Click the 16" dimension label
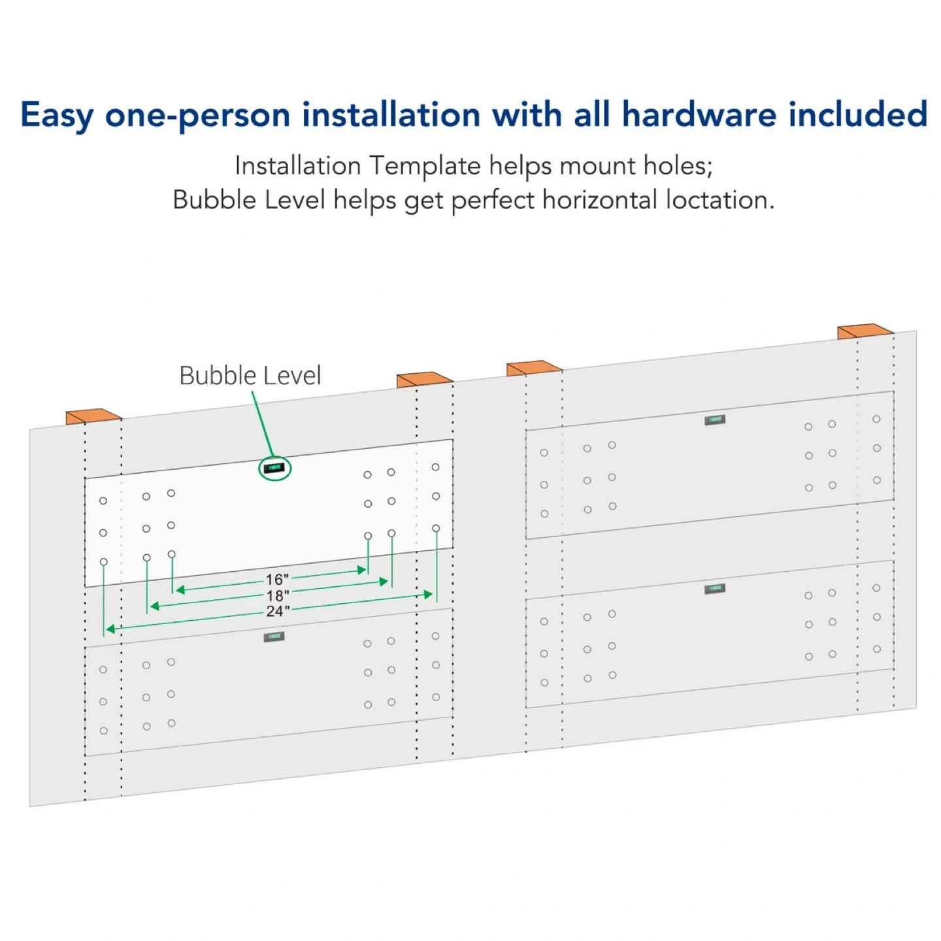click(277, 580)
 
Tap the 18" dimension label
click(278, 596)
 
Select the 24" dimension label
click(278, 612)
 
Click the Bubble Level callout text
click(250, 376)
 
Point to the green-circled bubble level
click(274, 469)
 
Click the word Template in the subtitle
click(425, 167)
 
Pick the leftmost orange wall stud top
click(93, 416)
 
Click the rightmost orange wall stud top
click(865, 331)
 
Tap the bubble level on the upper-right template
click(715, 420)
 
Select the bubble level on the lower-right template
click(715, 589)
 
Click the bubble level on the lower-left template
click(274, 636)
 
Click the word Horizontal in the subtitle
click(599, 200)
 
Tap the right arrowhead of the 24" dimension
click(428, 594)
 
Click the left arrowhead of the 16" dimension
click(180, 590)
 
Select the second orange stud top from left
click(425, 380)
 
